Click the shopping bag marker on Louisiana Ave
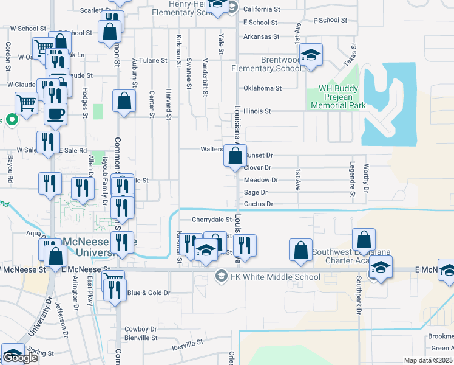point(235,156)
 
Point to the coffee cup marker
point(55,114)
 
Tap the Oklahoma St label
point(262,88)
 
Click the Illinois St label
point(256,111)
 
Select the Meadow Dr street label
point(260,180)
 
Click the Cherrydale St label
point(212,220)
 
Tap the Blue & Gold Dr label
point(149,293)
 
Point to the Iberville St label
point(186,344)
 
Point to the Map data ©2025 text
point(428,360)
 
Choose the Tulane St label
point(152,60)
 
